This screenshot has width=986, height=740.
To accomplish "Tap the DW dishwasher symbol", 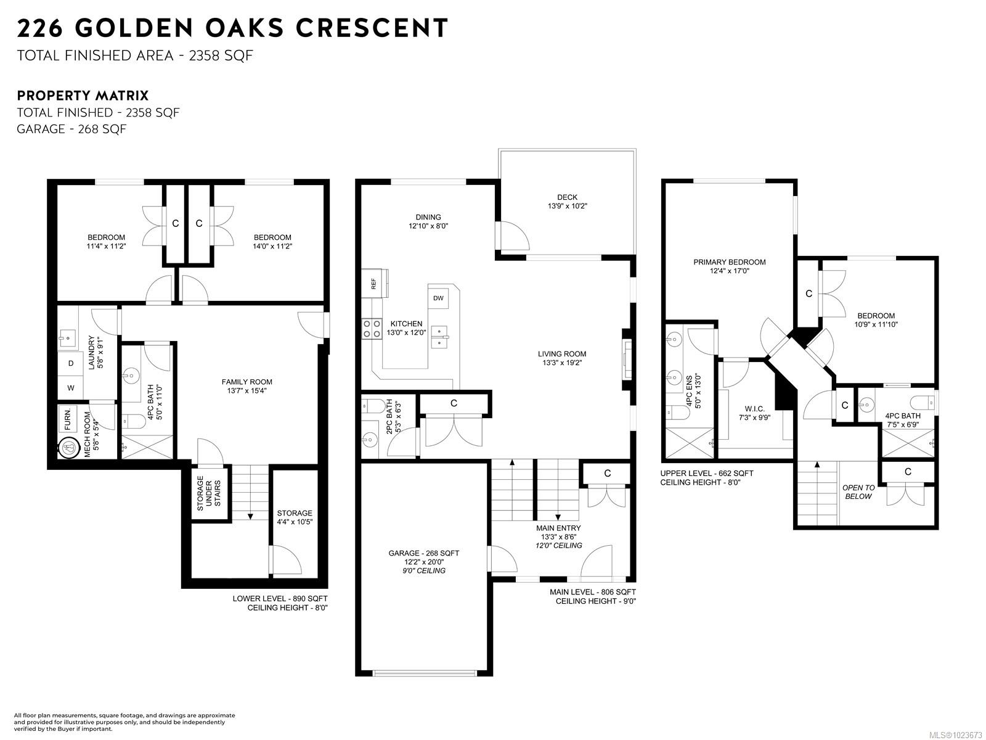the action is (438, 298).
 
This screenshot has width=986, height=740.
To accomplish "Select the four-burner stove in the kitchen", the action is (372, 329).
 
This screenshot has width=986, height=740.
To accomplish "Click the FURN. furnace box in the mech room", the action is (68, 419).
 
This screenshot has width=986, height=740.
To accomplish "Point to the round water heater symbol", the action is (68, 448).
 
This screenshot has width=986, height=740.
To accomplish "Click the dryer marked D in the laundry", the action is (70, 363).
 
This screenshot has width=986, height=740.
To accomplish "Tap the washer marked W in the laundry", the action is (70, 387).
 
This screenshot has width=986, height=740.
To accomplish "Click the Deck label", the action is (567, 201).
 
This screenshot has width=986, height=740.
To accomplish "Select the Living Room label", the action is (562, 358).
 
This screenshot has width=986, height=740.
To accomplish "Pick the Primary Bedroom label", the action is (730, 266).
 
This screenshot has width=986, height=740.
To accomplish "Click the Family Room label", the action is (246, 386).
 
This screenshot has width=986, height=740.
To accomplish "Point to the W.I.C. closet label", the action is (755, 413).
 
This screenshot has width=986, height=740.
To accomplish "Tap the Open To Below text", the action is (858, 492).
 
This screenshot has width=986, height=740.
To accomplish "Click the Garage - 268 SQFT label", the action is (424, 553).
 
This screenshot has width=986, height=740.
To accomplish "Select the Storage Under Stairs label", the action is (209, 493).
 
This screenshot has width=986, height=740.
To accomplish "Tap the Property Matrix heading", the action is (83, 96).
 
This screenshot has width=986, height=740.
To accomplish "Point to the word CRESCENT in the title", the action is (372, 28).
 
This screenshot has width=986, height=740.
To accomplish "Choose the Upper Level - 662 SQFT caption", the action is (707, 474).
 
